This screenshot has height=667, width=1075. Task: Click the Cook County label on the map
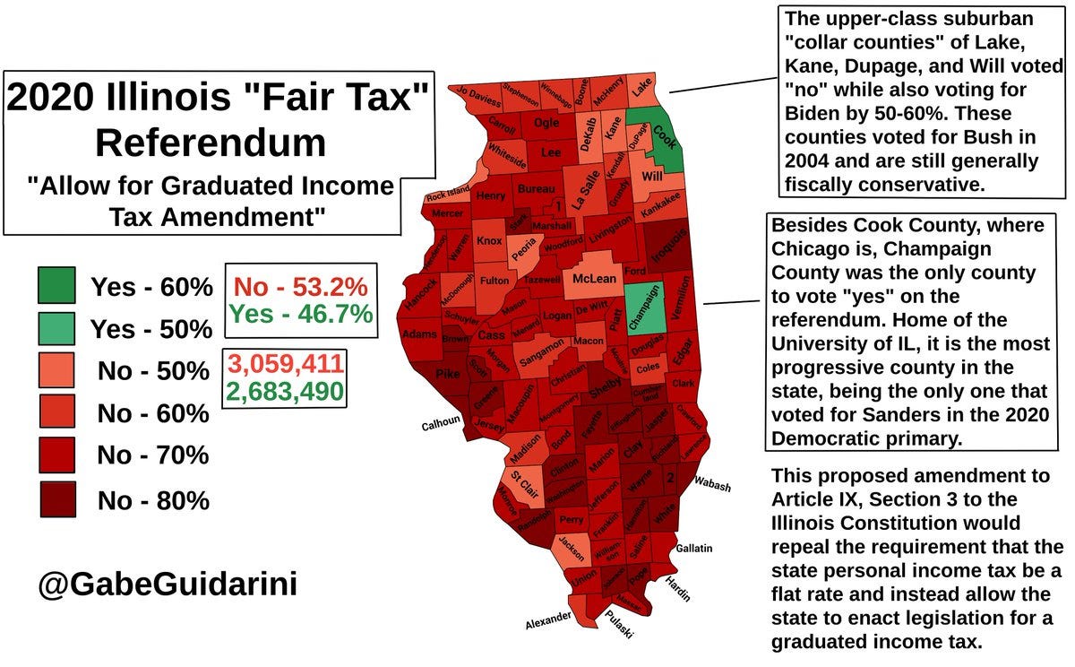click(665, 140)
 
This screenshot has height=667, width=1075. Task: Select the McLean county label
click(594, 279)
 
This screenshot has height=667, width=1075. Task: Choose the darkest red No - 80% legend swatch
click(56, 499)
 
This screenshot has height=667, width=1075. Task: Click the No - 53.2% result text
click(299, 288)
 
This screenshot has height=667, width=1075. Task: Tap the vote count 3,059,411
click(285, 364)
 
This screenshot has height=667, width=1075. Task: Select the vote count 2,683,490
click(285, 391)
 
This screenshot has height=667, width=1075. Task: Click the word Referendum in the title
click(211, 143)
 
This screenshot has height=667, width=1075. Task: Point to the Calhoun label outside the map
click(440, 424)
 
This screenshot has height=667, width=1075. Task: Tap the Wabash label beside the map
click(712, 485)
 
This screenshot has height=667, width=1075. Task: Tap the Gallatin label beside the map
click(694, 547)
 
